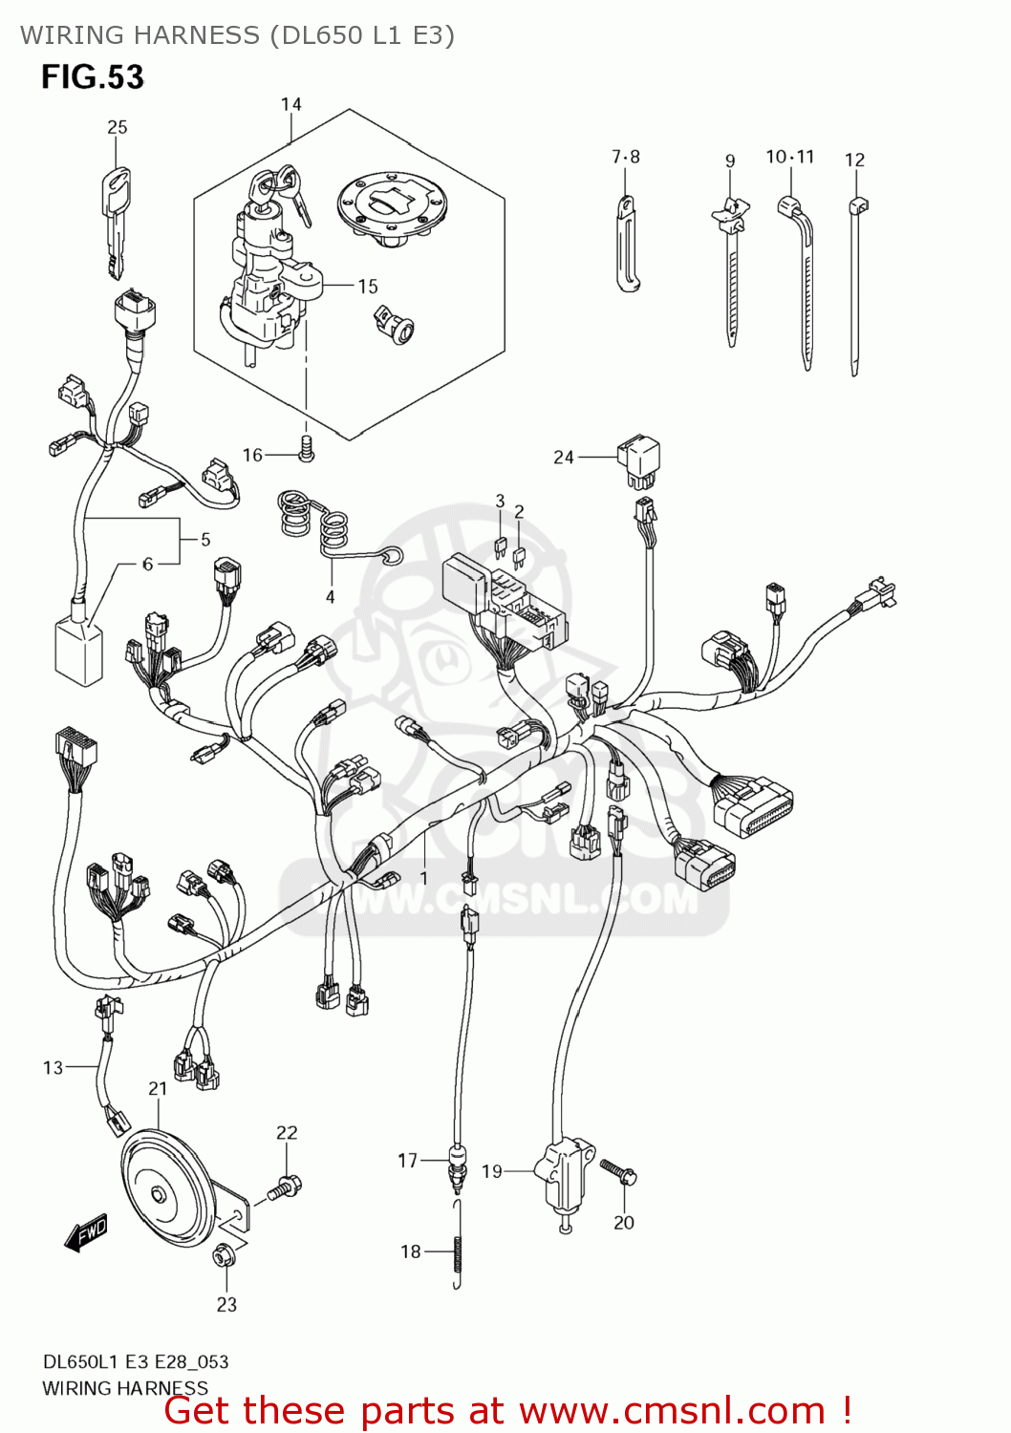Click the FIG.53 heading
92,77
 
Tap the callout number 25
117,127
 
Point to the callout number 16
252,455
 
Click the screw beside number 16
306,447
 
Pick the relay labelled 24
638,458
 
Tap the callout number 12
854,160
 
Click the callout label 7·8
626,157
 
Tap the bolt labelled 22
285,1187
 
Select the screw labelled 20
618,1172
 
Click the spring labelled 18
458,1247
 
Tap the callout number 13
53,1067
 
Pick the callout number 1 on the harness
423,877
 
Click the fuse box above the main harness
502,602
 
